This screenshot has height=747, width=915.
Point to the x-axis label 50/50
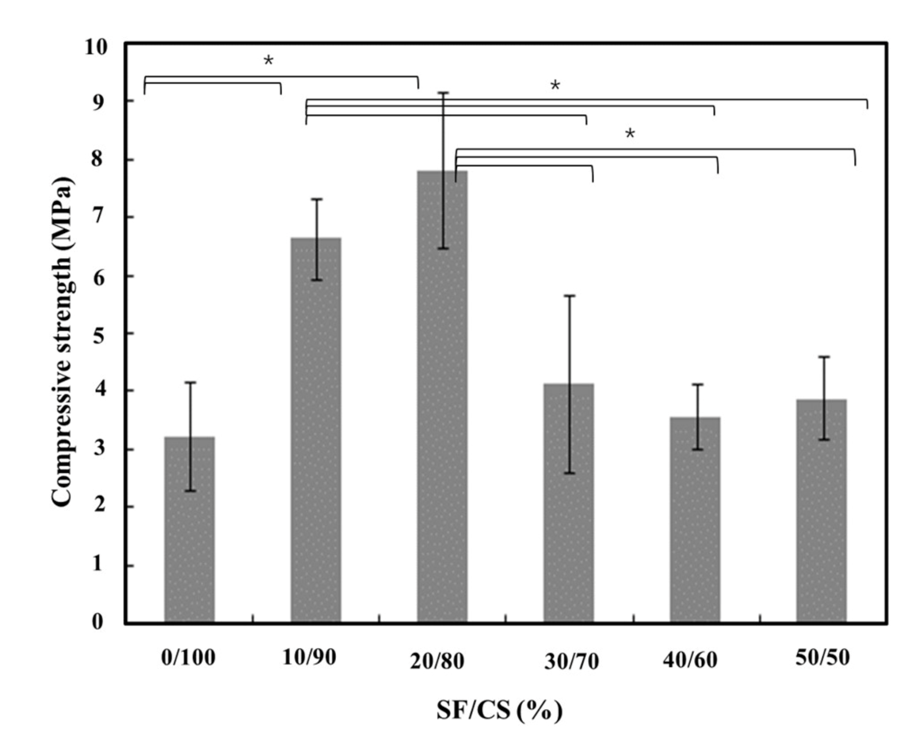[822, 658]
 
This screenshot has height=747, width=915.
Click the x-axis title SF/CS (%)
[499, 711]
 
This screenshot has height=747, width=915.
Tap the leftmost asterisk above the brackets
[268, 61]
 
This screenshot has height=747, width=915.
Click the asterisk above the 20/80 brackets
[629, 134]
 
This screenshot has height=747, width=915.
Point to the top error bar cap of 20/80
[444, 92]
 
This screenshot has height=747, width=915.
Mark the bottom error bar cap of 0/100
[191, 490]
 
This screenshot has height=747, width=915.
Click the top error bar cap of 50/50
[824, 357]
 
